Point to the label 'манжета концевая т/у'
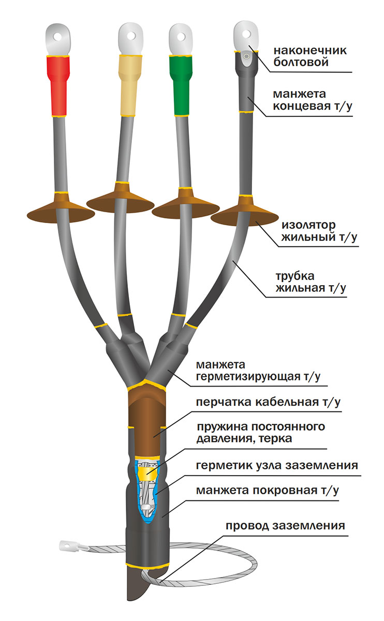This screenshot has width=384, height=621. pyautogui.click(x=313, y=100)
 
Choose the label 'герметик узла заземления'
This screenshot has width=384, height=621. pyautogui.click(x=277, y=465)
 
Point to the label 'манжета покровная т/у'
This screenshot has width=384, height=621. pyautogui.click(x=267, y=490)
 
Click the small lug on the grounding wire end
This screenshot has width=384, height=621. pyautogui.click(x=66, y=545)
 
